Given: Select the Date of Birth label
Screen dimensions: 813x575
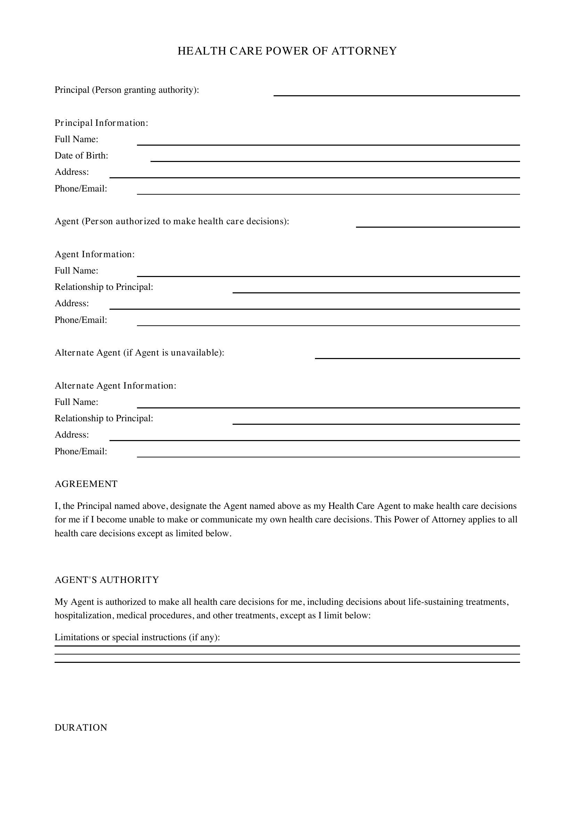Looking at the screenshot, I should [81, 155].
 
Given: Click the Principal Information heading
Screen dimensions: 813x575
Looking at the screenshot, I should [101, 123].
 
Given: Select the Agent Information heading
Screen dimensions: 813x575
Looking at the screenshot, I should [95, 254].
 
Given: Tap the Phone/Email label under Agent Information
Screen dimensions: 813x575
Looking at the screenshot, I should [81, 320].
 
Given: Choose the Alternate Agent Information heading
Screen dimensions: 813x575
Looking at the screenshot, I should [115, 385].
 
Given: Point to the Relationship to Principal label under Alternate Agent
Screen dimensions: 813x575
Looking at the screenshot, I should [104, 418].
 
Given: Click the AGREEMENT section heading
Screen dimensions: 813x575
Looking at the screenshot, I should [86, 484].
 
